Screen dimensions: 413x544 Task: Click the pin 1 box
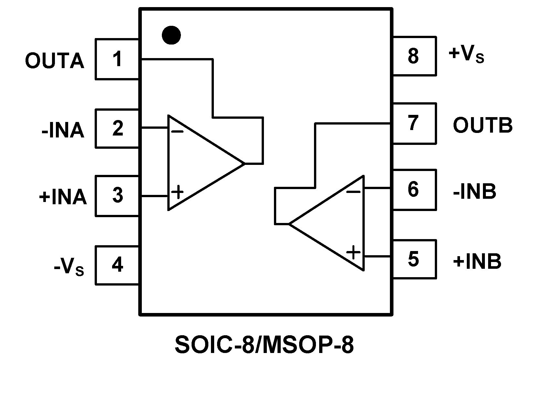point(117,59)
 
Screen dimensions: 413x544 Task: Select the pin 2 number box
point(117,128)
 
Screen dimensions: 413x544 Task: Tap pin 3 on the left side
point(117,196)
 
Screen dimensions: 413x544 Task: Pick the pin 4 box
point(117,265)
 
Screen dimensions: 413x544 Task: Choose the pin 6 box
point(414,190)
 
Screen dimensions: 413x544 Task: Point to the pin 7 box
point(414,123)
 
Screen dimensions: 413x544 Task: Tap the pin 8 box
point(414,56)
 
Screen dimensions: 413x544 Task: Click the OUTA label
point(55,61)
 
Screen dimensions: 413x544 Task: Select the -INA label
point(63,131)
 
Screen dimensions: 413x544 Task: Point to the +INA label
point(63,197)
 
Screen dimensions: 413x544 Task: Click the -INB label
point(475,192)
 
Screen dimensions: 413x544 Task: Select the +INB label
point(477,261)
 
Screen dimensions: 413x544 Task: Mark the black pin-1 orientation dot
point(171,35)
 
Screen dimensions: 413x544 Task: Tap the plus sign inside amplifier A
point(177,193)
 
